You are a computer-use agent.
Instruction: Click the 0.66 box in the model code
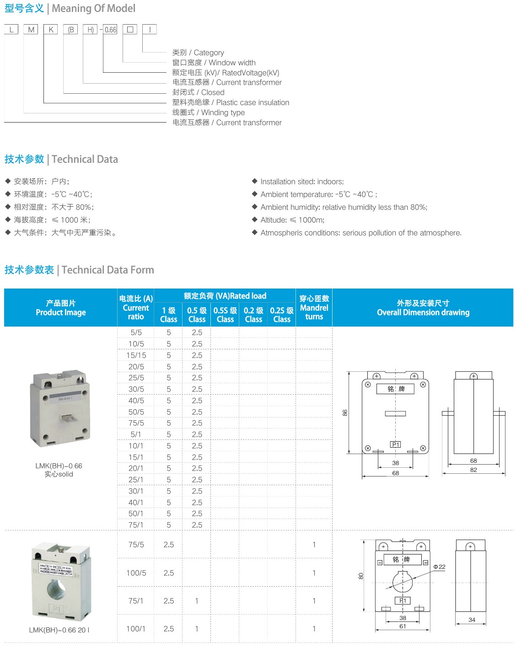pos(110,30)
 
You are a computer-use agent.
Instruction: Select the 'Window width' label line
pos(214,63)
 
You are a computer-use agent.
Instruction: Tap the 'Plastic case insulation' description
pos(231,102)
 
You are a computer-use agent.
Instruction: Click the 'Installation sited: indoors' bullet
pos(301,182)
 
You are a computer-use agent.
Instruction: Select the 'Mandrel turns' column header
pos(314,307)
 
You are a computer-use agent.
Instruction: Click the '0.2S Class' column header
pos(282,315)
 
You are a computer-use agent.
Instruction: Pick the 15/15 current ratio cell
pos(136,355)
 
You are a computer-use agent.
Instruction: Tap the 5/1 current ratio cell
pos(136,434)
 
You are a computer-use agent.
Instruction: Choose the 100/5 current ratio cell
pos(136,573)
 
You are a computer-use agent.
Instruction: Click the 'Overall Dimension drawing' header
pos(423,308)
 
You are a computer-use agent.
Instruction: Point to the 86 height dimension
pos(345,412)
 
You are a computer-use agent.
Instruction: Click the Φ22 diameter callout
pos(439,567)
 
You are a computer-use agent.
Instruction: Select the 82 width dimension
pos(473,470)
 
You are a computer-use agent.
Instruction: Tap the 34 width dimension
pos(472,620)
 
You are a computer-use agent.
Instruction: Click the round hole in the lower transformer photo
pos(56,589)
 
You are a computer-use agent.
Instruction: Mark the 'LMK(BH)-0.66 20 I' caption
pos(59,630)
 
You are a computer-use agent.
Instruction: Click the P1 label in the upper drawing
pos(395,444)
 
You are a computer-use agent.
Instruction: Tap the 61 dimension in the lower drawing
pos(403,626)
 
